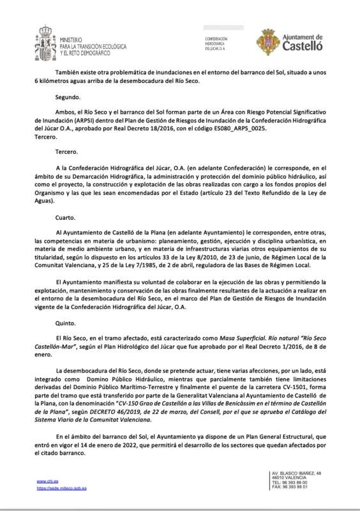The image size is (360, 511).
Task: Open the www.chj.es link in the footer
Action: click(x=45, y=481)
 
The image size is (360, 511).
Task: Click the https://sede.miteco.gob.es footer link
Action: click(x=61, y=488)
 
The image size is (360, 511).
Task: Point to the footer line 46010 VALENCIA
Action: click(x=287, y=477)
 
